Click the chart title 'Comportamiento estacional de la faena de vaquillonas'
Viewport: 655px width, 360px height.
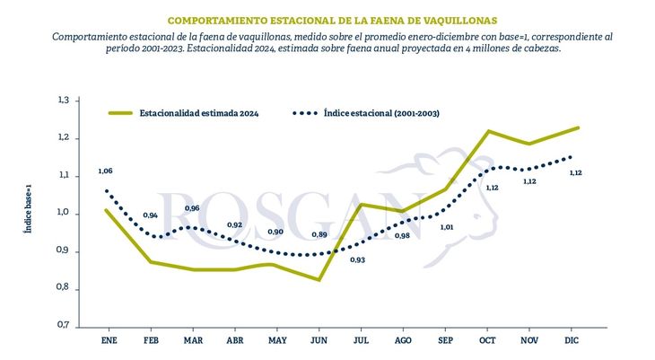(331, 19)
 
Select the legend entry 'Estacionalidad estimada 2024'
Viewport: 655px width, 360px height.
(198, 114)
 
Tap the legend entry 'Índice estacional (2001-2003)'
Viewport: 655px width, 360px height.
(380, 114)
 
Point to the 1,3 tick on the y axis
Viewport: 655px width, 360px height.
(63, 100)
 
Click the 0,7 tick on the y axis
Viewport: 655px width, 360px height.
(63, 325)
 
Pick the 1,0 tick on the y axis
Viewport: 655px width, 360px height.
(63, 213)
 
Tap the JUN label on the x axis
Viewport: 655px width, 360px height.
(319, 340)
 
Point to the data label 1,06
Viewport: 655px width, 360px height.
(105, 171)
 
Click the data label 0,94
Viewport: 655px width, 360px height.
(150, 215)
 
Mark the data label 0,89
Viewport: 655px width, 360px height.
(319, 234)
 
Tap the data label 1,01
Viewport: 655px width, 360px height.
(446, 227)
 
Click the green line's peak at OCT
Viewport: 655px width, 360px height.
(488, 131)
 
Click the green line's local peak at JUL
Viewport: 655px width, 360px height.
(361, 205)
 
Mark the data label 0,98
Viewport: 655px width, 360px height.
(403, 235)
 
